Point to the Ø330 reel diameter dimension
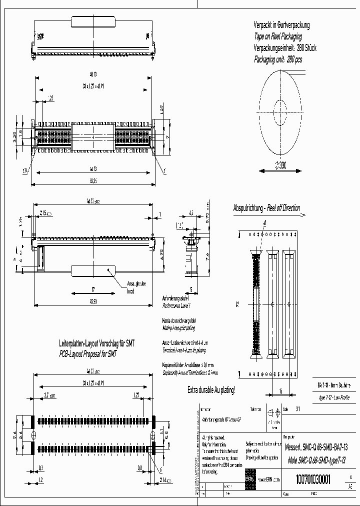click(281, 166)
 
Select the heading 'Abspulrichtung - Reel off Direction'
click(266, 208)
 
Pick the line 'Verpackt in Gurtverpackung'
click(281, 25)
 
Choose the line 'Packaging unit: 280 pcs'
click(278, 59)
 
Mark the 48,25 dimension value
click(93, 181)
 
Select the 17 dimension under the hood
click(93, 288)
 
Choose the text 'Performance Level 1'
click(176, 304)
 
